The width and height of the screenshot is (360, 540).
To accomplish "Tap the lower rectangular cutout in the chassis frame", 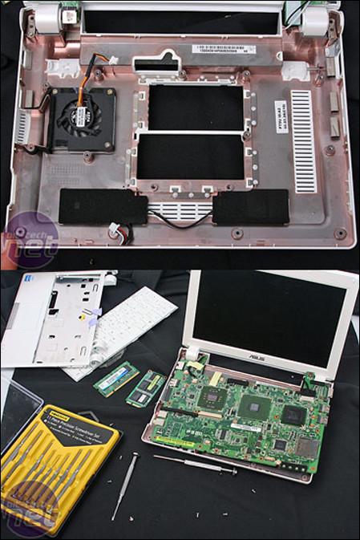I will pyautogui.click(x=191, y=156).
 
